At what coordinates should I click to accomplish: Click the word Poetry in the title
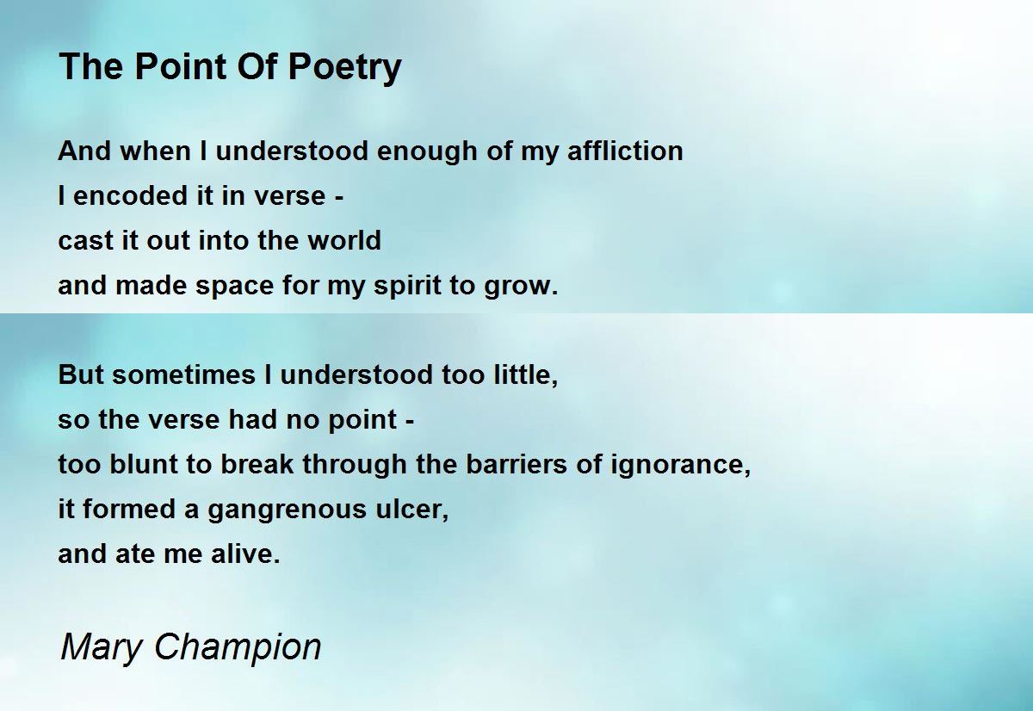(344, 68)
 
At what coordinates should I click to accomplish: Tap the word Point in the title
(182, 66)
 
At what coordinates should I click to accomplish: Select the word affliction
(625, 151)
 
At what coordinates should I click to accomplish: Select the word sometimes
(183, 374)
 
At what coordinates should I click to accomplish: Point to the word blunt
(144, 464)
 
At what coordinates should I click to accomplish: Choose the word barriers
(516, 464)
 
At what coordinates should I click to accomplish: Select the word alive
(244, 553)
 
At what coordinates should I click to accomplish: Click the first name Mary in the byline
(101, 648)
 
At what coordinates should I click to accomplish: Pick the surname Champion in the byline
(238, 648)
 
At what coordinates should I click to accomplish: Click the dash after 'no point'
(411, 421)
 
